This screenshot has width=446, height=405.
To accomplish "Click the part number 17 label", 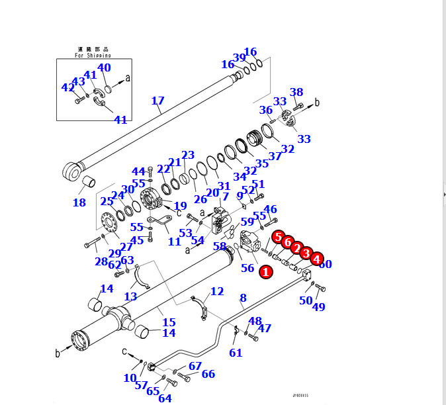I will click(x=157, y=101).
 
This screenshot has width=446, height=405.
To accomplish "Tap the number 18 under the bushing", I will click(x=79, y=202).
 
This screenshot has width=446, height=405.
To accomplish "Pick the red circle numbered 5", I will click(x=278, y=237).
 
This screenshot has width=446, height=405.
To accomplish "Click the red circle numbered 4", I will click(x=317, y=259).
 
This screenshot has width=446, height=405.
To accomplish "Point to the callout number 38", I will click(x=296, y=93).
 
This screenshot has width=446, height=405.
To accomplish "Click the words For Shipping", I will click(x=93, y=56).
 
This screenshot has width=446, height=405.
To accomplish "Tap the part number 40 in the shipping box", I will click(x=104, y=67).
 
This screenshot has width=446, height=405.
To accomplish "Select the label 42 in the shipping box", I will click(x=68, y=87).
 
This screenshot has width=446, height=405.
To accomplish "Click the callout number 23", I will click(x=188, y=156).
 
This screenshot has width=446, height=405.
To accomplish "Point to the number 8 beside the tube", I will click(x=243, y=298).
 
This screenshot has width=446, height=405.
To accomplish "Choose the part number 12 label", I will click(x=217, y=291).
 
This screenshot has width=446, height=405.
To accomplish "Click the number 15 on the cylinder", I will click(x=169, y=322).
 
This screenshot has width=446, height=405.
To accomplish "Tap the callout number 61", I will click(x=236, y=353).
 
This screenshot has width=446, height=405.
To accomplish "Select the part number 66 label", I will click(x=208, y=375).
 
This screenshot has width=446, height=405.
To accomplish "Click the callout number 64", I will click(x=165, y=398).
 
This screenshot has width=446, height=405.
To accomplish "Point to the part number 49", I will click(x=319, y=306).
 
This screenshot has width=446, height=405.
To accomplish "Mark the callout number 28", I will click(x=101, y=262).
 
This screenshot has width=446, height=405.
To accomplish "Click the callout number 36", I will click(x=266, y=110).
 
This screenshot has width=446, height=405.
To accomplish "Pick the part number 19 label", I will click(x=180, y=206).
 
